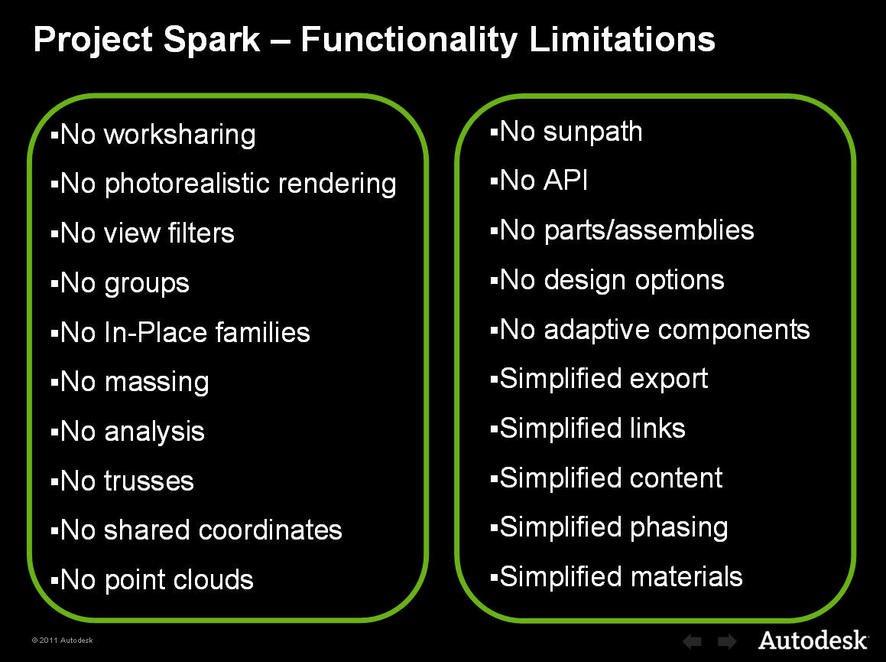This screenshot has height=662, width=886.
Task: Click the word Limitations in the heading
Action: [622, 39]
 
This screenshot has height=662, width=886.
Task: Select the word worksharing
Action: [180, 135]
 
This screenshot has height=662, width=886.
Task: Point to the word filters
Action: [201, 233]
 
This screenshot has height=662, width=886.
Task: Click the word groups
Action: [147, 284]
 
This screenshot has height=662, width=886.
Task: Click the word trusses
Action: [149, 481]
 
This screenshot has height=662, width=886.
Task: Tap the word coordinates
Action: [270, 530]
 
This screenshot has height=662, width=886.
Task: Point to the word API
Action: [566, 181]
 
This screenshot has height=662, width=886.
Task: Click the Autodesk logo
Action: [813, 641]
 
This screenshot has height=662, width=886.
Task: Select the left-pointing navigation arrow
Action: [692, 641]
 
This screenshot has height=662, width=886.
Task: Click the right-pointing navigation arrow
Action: [727, 641]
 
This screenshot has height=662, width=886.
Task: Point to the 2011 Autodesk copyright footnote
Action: [62, 641]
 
